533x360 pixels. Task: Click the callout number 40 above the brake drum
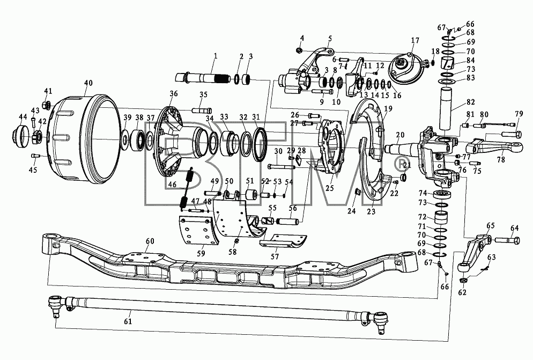(88, 83)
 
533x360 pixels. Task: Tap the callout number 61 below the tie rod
(128, 321)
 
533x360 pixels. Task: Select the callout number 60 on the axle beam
(150, 241)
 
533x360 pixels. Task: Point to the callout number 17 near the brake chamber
(415, 40)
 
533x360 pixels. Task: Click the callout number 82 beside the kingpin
(470, 102)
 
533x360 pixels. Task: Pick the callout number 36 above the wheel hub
(174, 93)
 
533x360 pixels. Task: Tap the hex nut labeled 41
(47, 105)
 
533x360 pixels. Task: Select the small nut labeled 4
(299, 50)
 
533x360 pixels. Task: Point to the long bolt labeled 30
(282, 167)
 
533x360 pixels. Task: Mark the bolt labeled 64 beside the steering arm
(507, 240)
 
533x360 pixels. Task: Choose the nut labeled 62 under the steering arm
(462, 281)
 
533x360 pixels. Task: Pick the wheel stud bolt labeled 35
(202, 110)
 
